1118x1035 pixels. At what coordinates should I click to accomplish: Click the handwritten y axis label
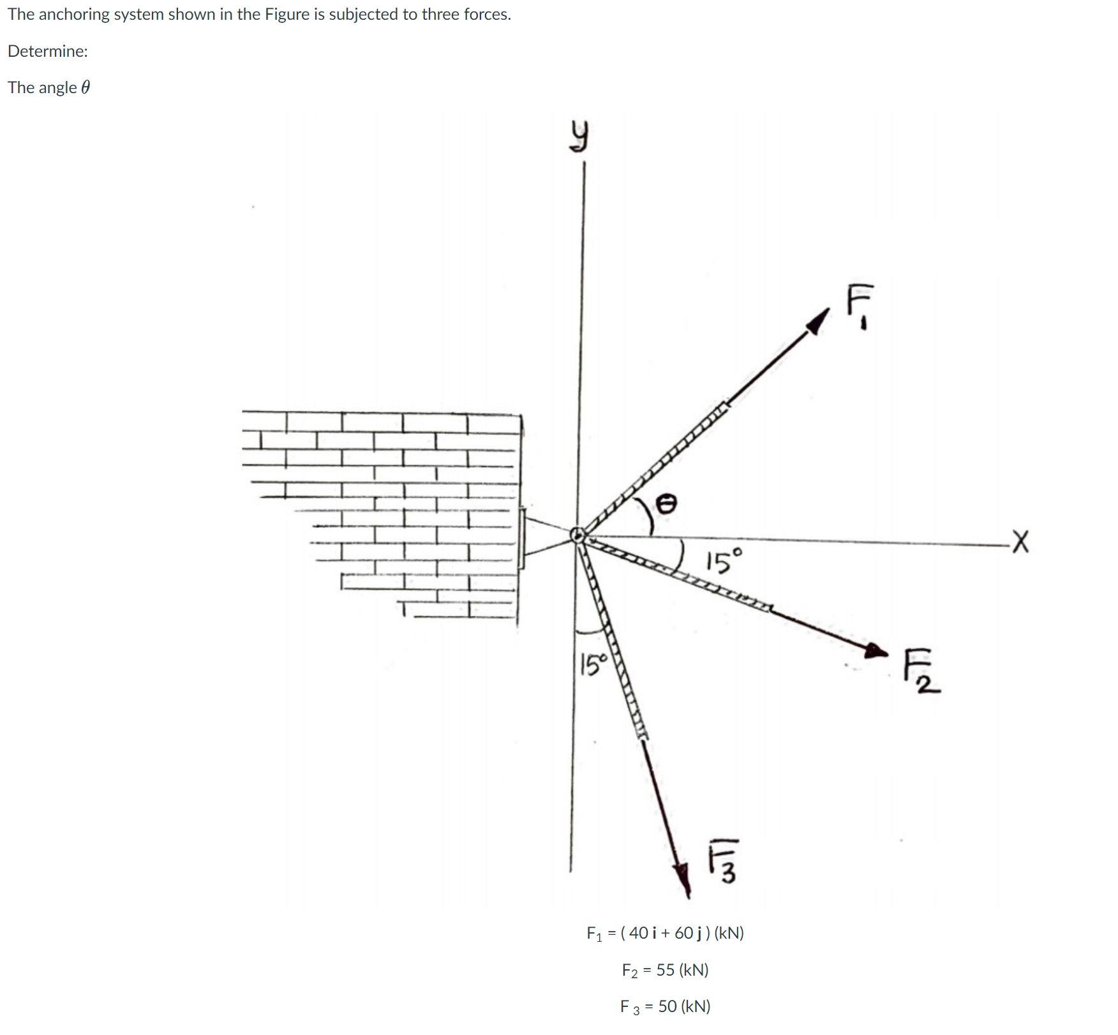click(578, 138)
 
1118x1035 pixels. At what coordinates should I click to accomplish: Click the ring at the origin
click(578, 535)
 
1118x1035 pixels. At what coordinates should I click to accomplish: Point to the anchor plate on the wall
click(522, 538)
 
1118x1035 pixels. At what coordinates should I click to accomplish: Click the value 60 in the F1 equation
click(683, 933)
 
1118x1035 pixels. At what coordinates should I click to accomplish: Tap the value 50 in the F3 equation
click(667, 1006)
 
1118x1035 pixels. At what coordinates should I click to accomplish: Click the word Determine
click(47, 51)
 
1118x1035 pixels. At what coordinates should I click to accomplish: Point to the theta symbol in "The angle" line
click(86, 87)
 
